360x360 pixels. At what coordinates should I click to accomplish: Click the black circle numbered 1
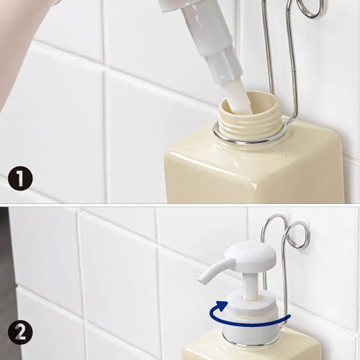(x=21, y=179)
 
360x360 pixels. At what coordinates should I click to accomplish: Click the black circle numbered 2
(x=21, y=333)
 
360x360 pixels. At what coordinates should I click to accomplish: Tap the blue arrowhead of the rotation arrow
(x=221, y=306)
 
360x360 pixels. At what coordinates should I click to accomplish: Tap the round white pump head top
(x=250, y=253)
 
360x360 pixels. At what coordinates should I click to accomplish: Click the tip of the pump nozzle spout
(x=202, y=281)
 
